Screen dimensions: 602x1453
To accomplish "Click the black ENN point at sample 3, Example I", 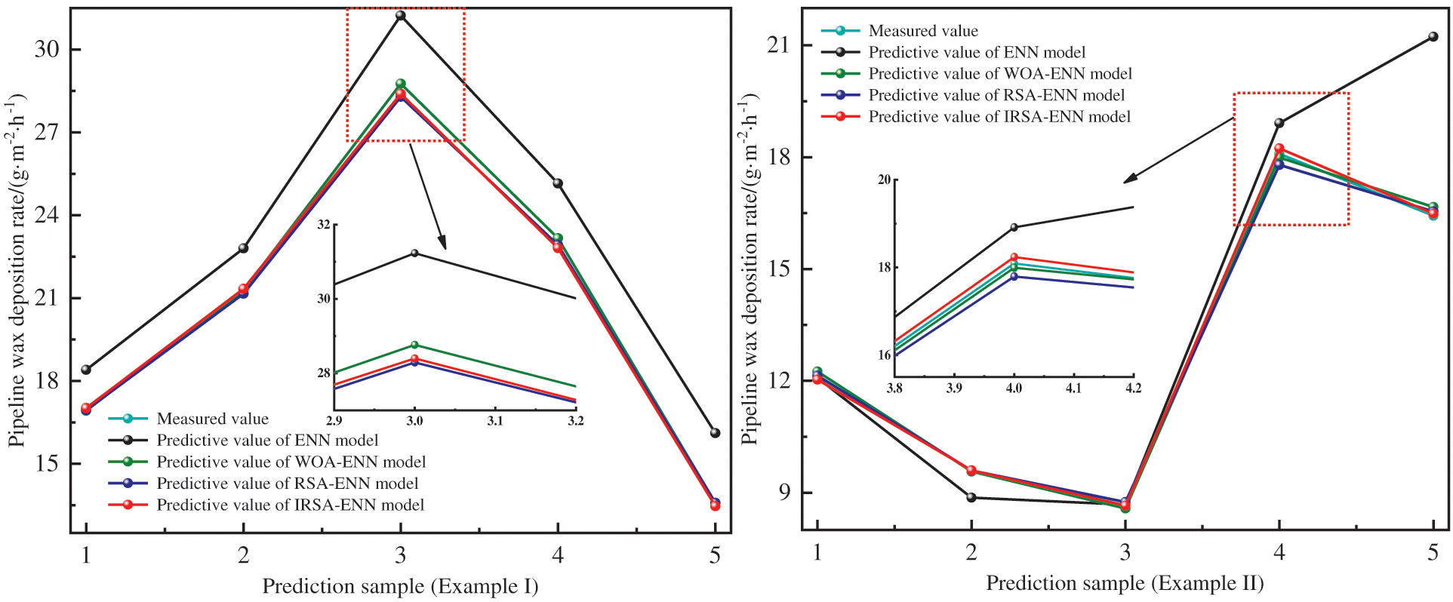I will (x=401, y=15).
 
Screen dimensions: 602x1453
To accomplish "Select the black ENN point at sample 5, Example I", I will (x=715, y=433).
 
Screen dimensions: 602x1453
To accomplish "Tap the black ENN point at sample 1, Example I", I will (x=86, y=370).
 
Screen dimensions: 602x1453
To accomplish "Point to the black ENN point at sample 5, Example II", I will (x=1433, y=36).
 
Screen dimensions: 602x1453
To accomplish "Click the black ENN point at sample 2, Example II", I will (x=971, y=497).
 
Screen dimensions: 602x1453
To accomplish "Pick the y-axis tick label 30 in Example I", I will (x=47, y=50).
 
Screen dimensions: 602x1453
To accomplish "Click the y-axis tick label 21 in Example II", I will (x=778, y=45).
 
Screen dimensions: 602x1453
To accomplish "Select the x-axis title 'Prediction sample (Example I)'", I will (x=400, y=586).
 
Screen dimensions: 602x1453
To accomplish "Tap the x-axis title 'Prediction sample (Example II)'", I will (x=1125, y=583).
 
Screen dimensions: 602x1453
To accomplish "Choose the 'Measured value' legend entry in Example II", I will (x=922, y=31).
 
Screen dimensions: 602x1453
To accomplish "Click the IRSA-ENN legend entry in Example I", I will (x=290, y=505).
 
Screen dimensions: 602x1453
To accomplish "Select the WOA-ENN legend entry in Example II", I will (x=1000, y=74).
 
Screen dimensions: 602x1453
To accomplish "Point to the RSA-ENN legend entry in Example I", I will (x=287, y=484).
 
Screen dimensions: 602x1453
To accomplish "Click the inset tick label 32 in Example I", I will (x=324, y=225).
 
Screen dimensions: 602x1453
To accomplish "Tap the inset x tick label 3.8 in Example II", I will (x=894, y=389).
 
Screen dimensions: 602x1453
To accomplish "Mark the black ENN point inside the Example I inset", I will (x=414, y=253).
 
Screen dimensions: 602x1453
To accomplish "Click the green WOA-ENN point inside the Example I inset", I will (x=414, y=345).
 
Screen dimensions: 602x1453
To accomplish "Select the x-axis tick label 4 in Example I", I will (x=558, y=556).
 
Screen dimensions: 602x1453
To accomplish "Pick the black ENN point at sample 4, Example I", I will (x=558, y=183).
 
